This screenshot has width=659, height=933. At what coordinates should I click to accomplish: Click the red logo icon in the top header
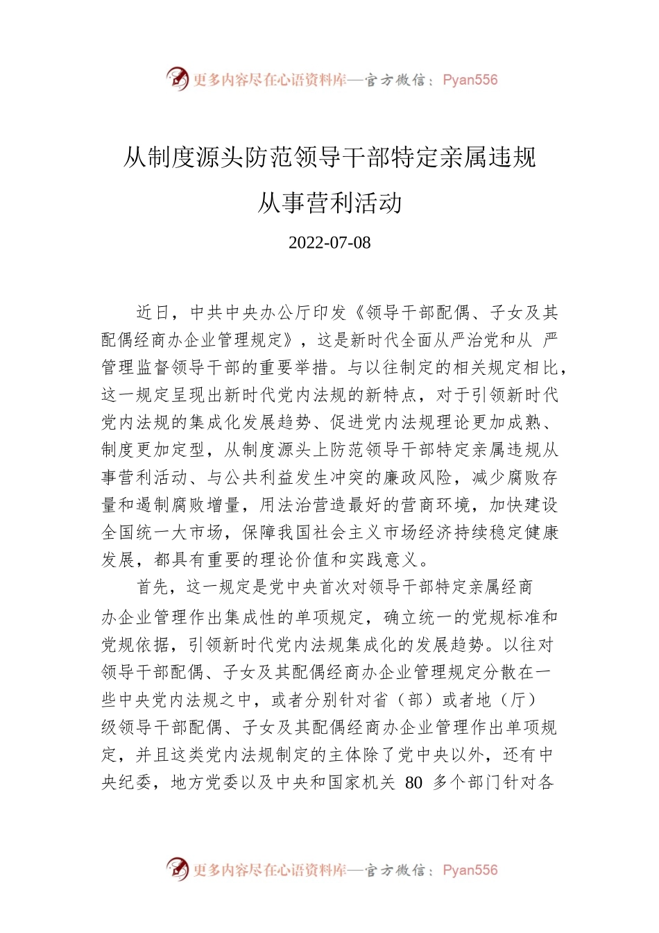pos(177,78)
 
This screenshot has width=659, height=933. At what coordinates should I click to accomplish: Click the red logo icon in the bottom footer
pos(177,868)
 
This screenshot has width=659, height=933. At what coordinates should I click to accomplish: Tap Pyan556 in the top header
pos(470,80)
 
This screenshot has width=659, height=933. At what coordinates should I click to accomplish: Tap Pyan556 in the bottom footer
pos(470,870)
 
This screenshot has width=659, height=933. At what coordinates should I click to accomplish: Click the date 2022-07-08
pos(329,243)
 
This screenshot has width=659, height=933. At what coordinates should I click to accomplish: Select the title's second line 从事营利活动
pos(329,203)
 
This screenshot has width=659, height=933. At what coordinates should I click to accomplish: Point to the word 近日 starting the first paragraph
pos(153,312)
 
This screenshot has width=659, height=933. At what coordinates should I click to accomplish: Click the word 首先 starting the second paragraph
pos(153,587)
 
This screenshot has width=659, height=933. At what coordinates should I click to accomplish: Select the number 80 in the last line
pos(413,783)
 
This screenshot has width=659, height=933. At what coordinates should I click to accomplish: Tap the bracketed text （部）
pos(416,700)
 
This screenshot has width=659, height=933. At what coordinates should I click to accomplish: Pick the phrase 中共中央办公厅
pos(250,312)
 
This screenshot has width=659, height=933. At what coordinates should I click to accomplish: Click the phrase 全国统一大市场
pos(162,532)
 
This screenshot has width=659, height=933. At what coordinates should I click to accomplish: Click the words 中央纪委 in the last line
pos(127,783)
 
